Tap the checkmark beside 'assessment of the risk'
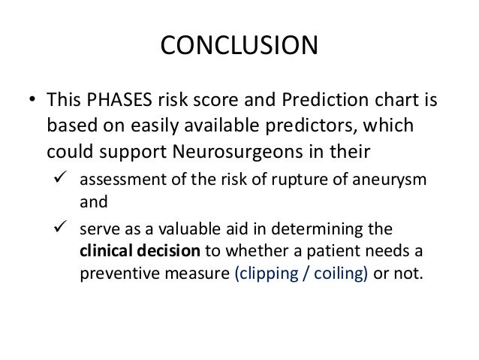[65, 180]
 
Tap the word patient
[332, 250]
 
